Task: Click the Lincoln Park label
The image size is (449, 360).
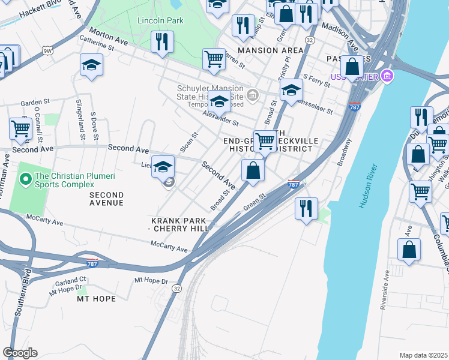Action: [160, 21]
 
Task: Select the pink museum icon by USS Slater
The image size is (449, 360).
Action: [388, 76]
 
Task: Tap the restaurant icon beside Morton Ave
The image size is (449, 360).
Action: [162, 43]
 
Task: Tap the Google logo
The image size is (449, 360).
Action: [20, 353]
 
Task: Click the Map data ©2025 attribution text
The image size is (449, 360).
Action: [423, 355]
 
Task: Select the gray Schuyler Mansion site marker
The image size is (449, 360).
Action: [253, 94]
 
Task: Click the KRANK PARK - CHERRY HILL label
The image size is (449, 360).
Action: [178, 223]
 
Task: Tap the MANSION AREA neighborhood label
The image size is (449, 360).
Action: [271, 50]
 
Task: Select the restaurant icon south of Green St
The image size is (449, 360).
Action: [306, 209]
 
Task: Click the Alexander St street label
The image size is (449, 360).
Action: [220, 118]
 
